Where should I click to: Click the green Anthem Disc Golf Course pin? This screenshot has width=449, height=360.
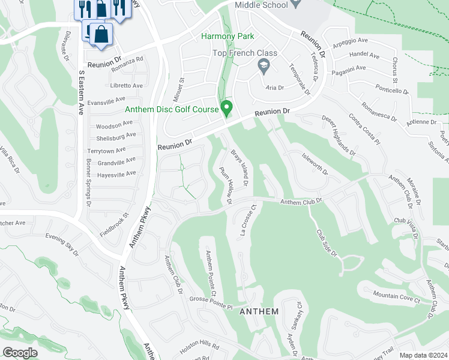[227, 108]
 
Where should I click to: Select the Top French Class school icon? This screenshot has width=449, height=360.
[263, 64]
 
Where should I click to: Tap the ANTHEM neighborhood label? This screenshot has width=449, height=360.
[259, 311]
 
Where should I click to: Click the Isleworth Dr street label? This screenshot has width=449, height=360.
[315, 163]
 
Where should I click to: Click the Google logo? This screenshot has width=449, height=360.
[20, 353]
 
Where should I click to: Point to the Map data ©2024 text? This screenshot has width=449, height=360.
[423, 355]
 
